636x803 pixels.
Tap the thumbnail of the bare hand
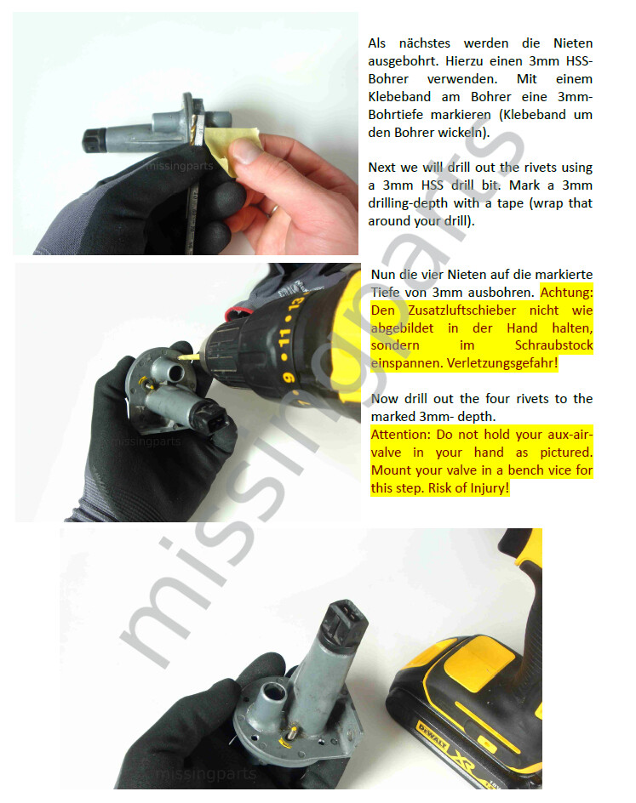click(246, 153)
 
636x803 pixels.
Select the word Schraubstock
click(553, 345)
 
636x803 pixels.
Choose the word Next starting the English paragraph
click(383, 168)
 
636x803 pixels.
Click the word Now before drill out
click(384, 399)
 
